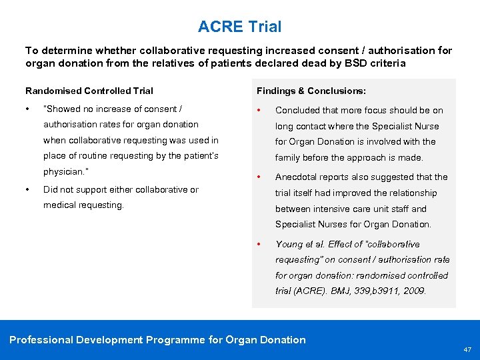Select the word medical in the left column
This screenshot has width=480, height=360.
[59, 205]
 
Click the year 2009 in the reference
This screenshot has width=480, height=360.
[414, 291]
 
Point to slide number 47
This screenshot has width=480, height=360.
[467, 349]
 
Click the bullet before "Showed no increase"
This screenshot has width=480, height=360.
[27, 109]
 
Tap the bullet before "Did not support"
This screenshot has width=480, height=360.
[27, 189]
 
